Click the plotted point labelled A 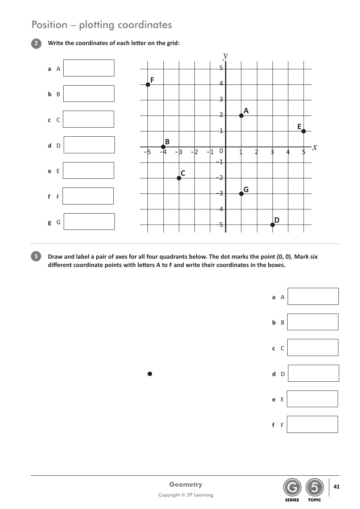click(241, 116)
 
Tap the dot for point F click(148, 84)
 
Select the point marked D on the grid click(272, 225)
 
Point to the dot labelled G click(241, 194)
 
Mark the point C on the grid click(179, 178)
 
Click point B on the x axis click(163, 147)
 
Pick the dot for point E click(304, 131)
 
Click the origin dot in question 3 click(150, 374)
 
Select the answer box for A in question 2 click(89, 68)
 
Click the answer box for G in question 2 click(89, 222)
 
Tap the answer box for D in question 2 click(89, 145)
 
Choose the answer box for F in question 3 click(312, 425)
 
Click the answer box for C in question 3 click(313, 348)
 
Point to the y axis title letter click(225, 56)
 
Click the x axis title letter click(315, 147)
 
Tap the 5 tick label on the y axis click(221, 68)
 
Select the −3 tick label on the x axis click(178, 152)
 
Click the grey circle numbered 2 click(36, 43)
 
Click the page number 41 click(337, 487)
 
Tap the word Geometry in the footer click(186, 484)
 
